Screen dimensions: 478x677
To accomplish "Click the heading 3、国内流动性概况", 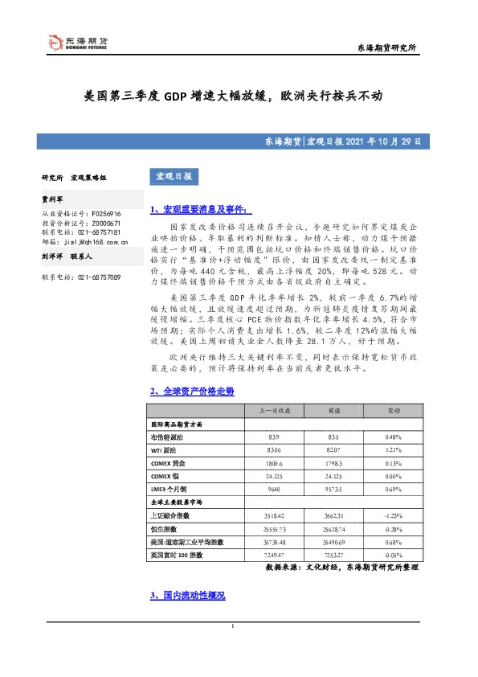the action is (x=187, y=596).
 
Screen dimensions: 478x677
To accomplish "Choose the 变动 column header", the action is (x=393, y=411).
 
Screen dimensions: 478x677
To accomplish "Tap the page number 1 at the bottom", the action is (x=232, y=647).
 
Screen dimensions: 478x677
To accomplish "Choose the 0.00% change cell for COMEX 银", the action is (x=393, y=477).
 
